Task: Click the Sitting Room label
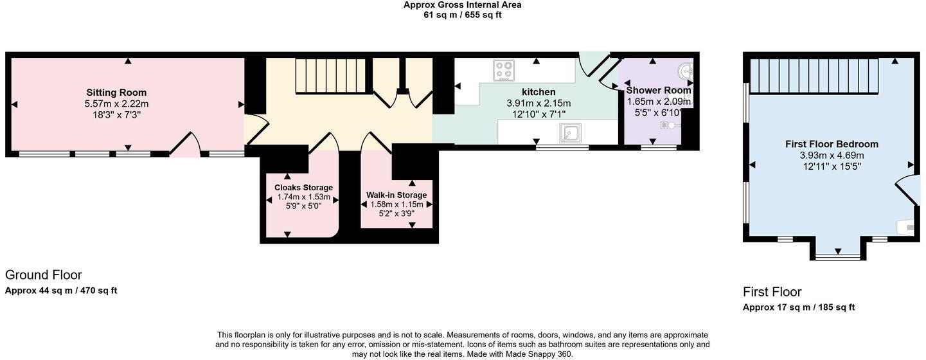pos(116,93)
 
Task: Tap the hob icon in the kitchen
pos(504,70)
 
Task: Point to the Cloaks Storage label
pos(303,188)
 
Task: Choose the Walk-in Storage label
pos(396,195)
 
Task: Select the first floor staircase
pos(814,76)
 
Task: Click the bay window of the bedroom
pos(837,257)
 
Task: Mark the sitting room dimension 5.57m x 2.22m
pos(116,104)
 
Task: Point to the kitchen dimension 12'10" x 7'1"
pos(539,114)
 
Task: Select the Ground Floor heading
pos(43,275)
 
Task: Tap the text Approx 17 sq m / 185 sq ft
pos(799,307)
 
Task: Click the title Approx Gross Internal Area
pos(462,4)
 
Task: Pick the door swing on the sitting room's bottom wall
pos(184,145)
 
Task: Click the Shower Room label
pos(659,90)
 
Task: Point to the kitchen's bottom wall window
pos(562,147)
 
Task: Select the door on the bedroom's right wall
pos(907,190)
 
